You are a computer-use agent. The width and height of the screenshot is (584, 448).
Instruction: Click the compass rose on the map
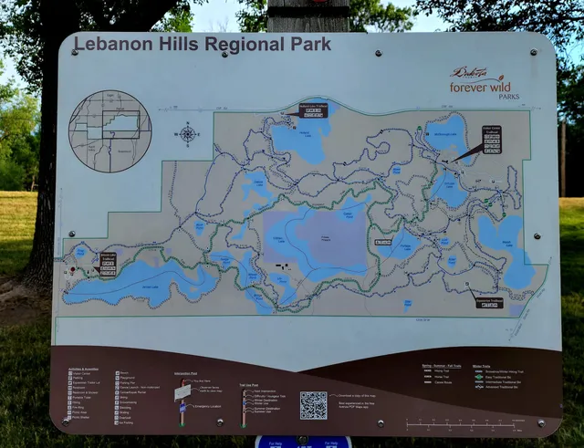click(188, 134)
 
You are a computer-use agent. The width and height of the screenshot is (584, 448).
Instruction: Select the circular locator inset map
click(109, 128)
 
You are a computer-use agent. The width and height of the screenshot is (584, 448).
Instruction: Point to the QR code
click(313, 404)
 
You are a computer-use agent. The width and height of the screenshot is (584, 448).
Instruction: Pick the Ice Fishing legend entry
click(129, 423)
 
